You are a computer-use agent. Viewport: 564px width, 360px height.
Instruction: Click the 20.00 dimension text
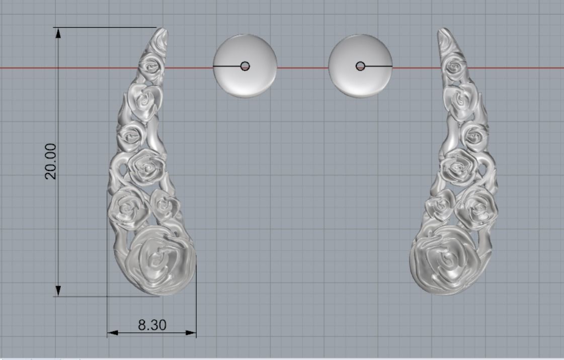[51, 161]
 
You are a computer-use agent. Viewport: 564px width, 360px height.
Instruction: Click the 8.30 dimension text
[152, 325]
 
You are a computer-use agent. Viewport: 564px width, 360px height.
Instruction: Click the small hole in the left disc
[245, 66]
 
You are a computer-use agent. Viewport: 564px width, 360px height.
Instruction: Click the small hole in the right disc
[360, 66]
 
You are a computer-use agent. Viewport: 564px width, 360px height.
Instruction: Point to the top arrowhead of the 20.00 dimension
[58, 33]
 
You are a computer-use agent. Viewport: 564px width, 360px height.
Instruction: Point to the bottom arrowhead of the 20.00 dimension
[58, 291]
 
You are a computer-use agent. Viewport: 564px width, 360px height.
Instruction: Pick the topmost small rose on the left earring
[150, 64]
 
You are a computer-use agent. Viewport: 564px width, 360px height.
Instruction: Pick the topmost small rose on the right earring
[455, 65]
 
